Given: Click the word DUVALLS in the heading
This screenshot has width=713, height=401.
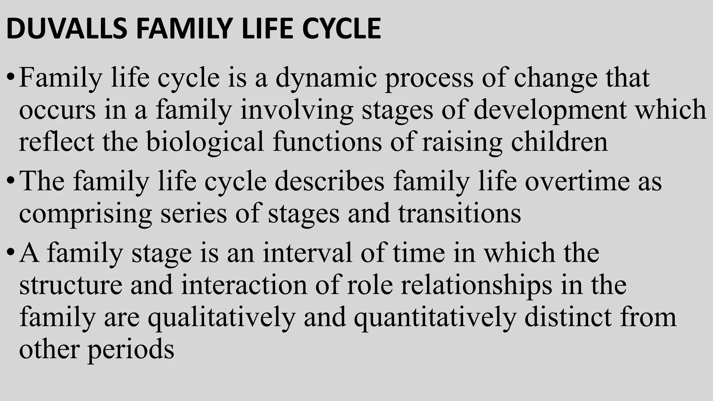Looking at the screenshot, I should pos(66,29).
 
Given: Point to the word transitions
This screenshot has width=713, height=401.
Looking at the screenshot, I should pos(460,213).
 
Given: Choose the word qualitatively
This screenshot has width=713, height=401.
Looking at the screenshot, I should pos(221,318).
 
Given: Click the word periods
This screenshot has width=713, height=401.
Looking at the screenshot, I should pos(131,350).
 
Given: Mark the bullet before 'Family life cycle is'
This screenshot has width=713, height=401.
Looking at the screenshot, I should pos(10,79).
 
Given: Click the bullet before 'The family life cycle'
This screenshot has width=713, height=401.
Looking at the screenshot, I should pos(10,182).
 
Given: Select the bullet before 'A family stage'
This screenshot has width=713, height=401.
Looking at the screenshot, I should pos(10,253).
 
